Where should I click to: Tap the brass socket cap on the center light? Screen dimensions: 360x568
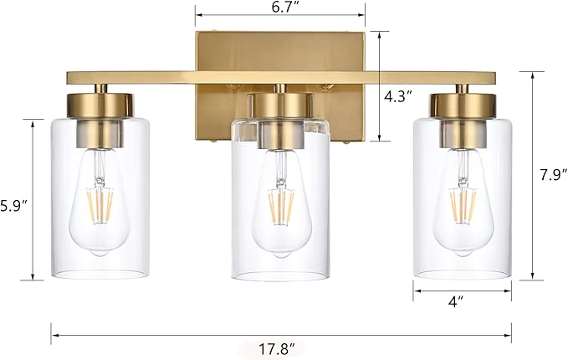(x=281, y=104)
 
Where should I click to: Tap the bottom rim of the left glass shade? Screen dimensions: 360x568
(x=100, y=275)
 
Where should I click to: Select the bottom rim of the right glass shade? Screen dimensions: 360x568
(x=463, y=275)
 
